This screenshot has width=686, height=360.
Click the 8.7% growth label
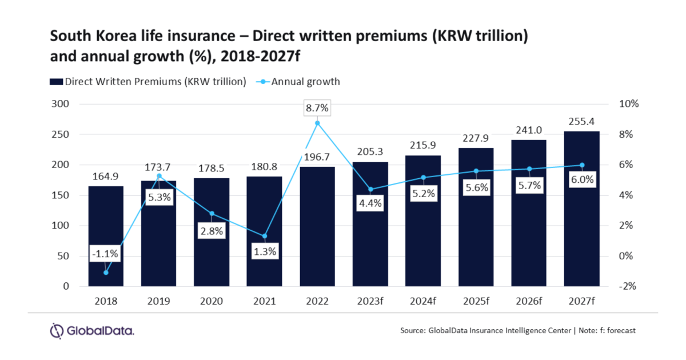(317, 108)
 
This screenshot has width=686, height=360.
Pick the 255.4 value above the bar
(581, 121)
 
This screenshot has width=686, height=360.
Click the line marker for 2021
(264, 236)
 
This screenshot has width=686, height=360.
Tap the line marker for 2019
(159, 175)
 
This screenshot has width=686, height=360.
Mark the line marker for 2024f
(423, 177)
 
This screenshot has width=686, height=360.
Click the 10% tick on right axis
(629, 104)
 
